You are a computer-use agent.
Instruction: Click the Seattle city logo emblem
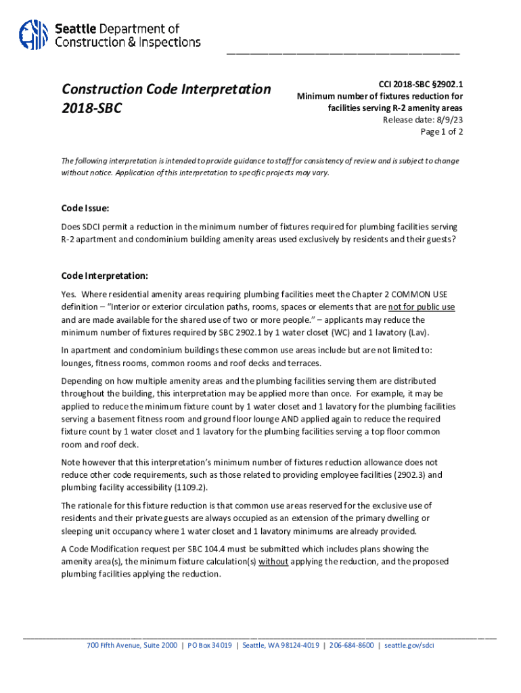[32, 35]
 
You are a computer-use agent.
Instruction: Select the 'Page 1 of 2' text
[442, 132]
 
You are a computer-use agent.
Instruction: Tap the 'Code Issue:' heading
[85, 208]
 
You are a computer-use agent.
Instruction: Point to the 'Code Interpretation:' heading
[104, 276]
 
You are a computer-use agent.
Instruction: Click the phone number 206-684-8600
[352, 645]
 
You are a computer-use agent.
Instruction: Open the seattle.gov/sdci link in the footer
[409, 645]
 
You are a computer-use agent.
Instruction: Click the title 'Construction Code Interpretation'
[166, 89]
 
